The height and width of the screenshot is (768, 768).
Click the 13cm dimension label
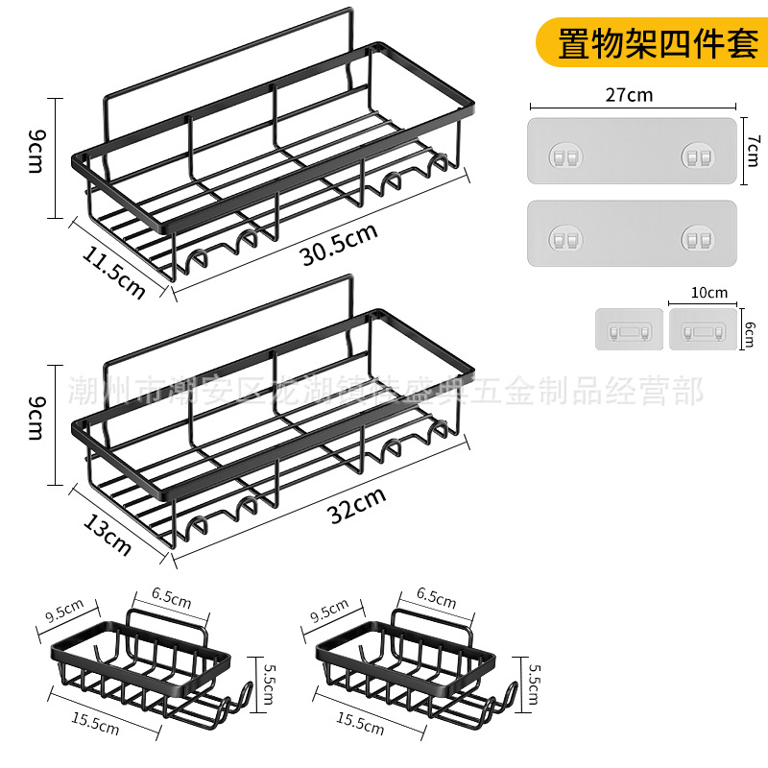point(108,534)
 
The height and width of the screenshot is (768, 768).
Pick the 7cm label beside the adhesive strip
point(753,151)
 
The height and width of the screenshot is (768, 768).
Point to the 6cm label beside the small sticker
point(750,327)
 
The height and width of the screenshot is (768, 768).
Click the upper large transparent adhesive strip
point(632,151)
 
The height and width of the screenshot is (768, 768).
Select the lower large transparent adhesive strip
point(632,233)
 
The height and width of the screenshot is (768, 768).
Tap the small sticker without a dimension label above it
point(628,328)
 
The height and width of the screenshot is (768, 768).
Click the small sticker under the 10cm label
point(704,328)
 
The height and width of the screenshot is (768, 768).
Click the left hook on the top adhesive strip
point(561,155)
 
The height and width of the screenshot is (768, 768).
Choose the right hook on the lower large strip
point(698,236)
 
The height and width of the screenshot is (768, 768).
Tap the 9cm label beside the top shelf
point(36,154)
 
